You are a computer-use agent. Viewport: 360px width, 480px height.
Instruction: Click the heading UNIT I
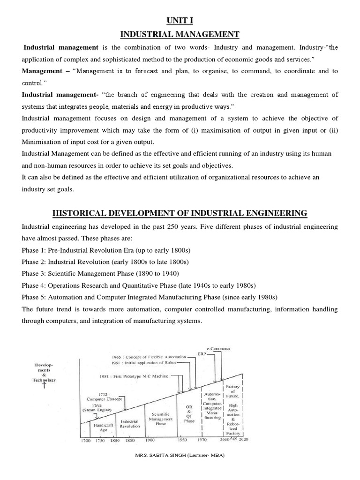click(180, 21)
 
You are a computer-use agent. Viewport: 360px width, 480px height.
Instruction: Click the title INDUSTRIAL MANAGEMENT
click(180, 35)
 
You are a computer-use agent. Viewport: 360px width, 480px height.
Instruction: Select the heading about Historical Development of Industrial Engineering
click(180, 213)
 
